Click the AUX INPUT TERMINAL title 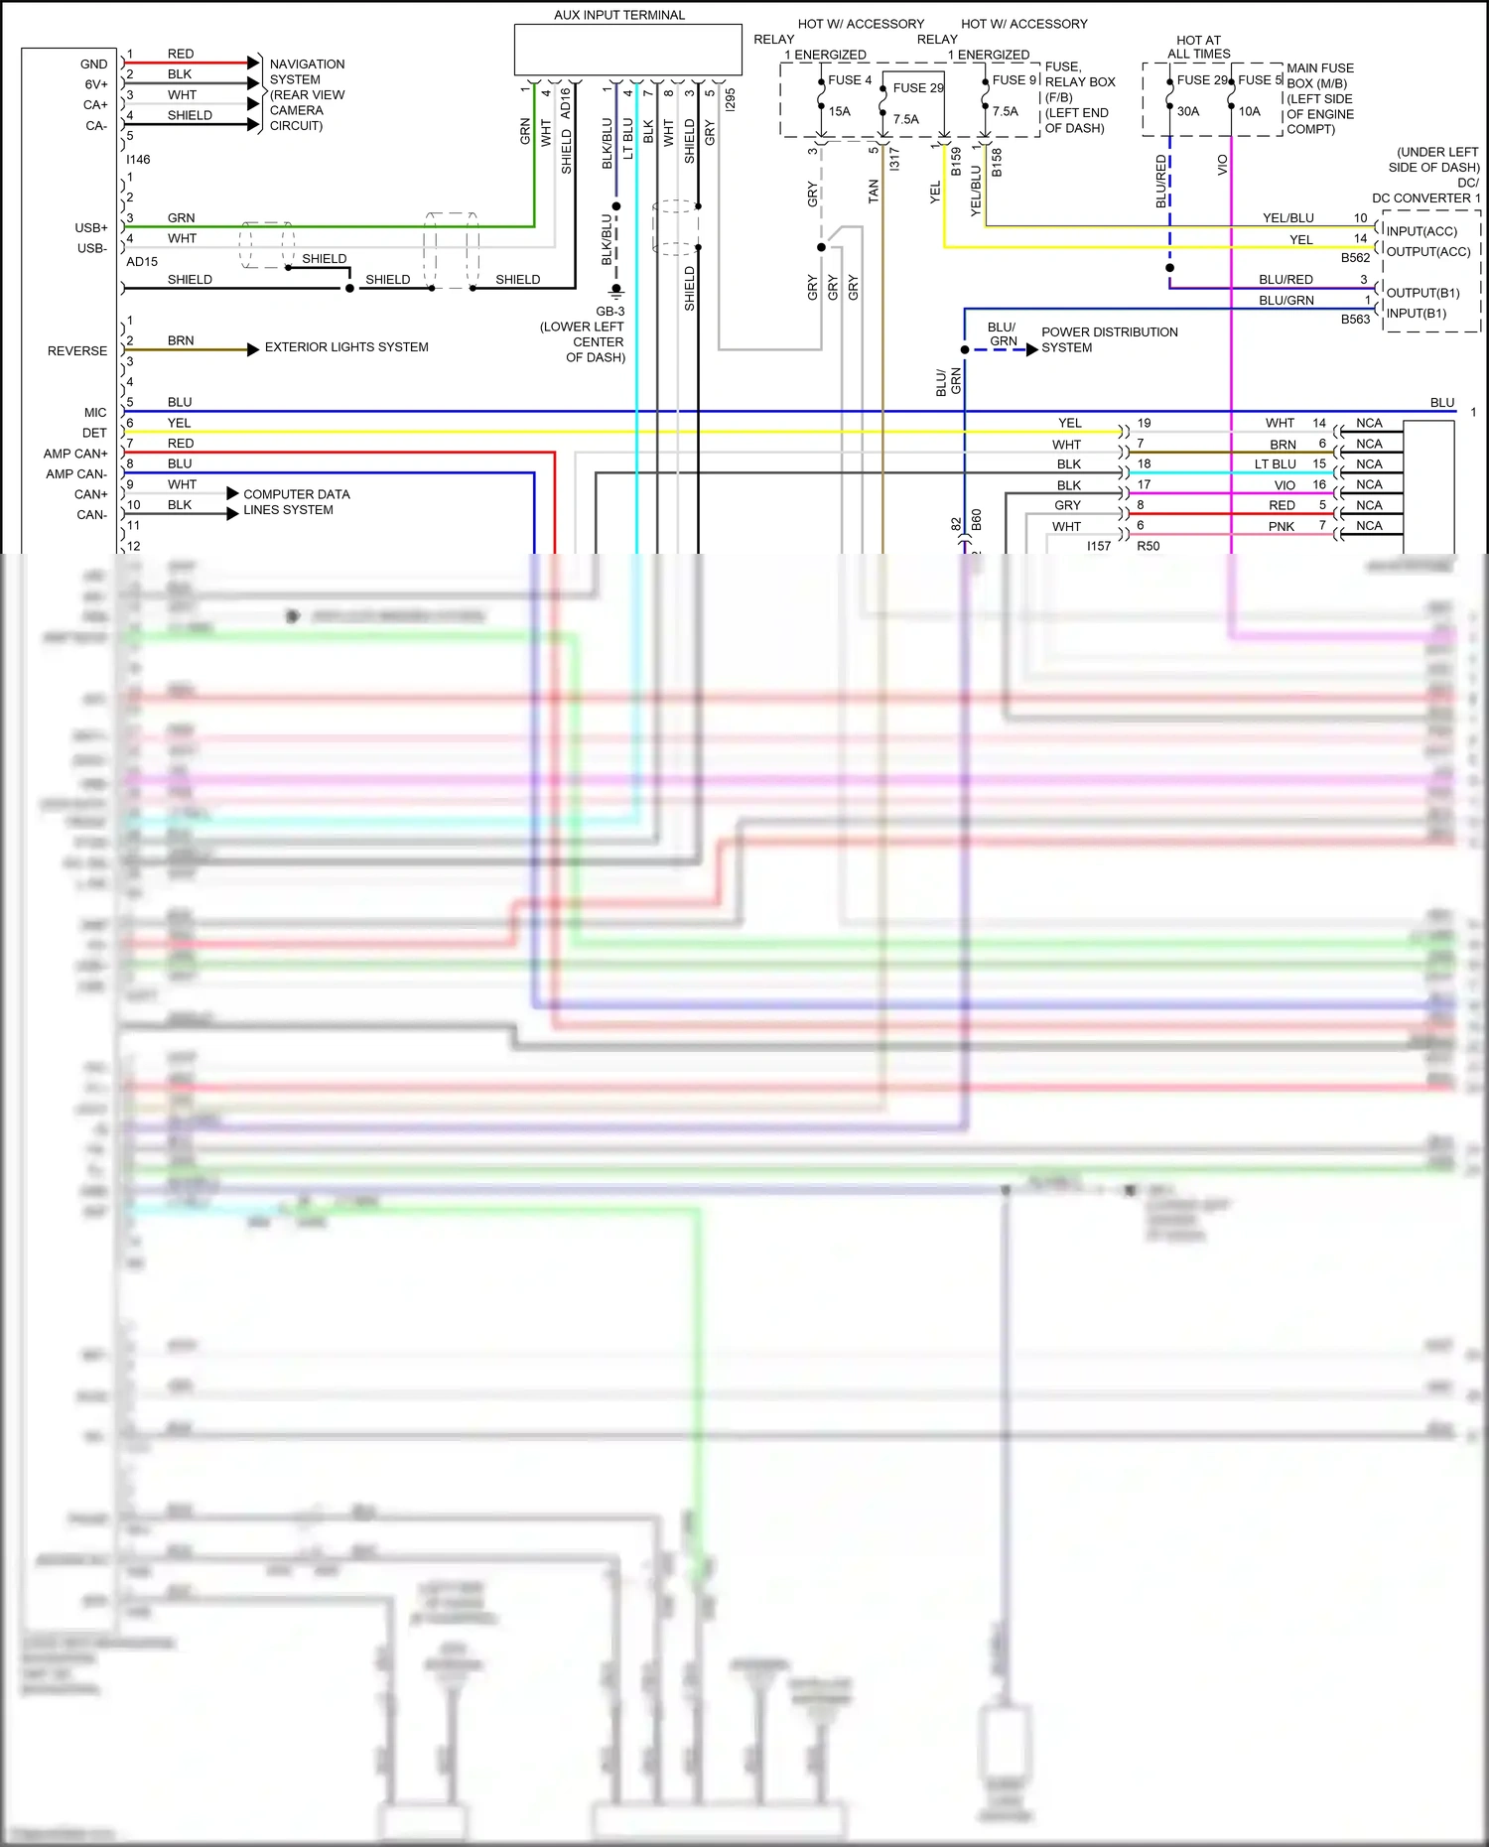(x=619, y=15)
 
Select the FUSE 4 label (x=850, y=80)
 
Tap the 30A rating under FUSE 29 (x=1188, y=111)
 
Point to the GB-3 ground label (x=610, y=312)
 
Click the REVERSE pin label (x=77, y=351)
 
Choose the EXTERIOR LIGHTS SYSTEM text (x=346, y=347)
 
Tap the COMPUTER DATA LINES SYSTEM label (x=296, y=502)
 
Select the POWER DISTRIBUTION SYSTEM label (x=1109, y=339)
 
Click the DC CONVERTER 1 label (x=1426, y=198)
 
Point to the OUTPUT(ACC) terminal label (x=1428, y=252)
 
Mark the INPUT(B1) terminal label (x=1417, y=314)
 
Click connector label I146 (x=138, y=160)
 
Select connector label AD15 (x=142, y=262)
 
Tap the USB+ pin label (x=91, y=228)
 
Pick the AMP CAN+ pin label (x=75, y=454)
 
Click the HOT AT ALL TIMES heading (x=1199, y=47)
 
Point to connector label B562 (x=1355, y=258)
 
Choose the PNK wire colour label (x=1282, y=527)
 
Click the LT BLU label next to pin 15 (x=1276, y=464)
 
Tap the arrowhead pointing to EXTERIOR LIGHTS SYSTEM (x=254, y=349)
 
